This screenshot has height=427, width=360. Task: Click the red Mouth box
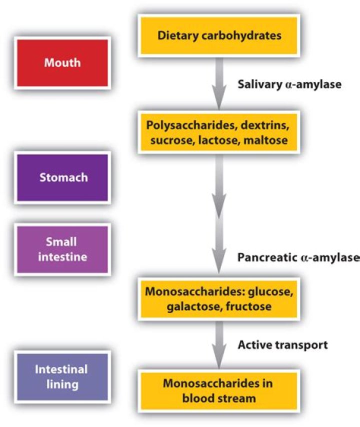pyautogui.click(x=62, y=63)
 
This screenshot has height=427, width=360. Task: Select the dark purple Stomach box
pyautogui.click(x=62, y=177)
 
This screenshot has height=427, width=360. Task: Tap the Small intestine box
pyautogui.click(x=62, y=249)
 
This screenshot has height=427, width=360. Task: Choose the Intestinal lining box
pyautogui.click(x=62, y=376)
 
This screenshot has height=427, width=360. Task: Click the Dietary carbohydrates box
pyautogui.click(x=219, y=35)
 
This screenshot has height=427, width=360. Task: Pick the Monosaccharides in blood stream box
pyautogui.click(x=219, y=391)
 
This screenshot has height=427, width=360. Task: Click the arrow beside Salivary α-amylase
pyautogui.click(x=219, y=83)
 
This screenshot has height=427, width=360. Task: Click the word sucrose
pyautogui.click(x=169, y=140)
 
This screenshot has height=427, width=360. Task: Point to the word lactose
pyautogui.click(x=217, y=140)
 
